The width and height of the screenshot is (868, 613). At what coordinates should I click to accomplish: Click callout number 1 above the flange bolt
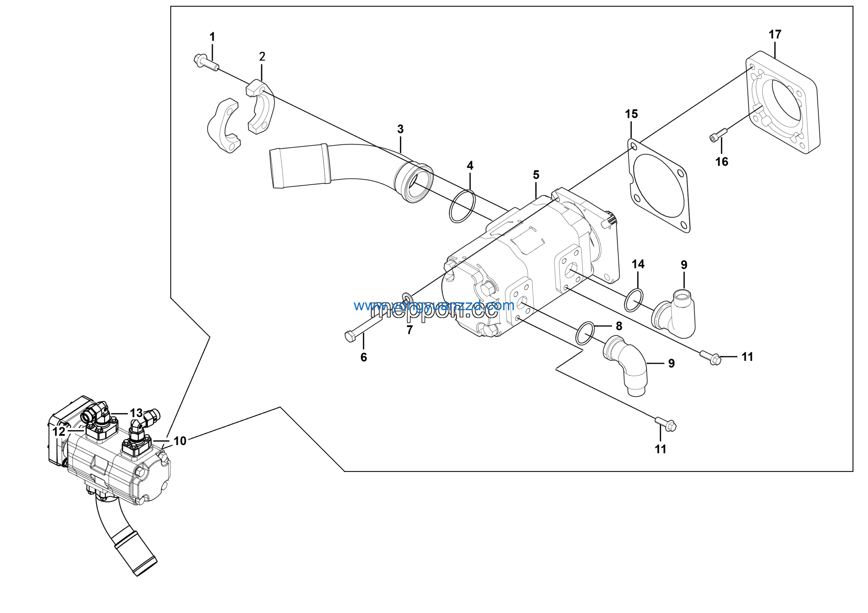(212, 37)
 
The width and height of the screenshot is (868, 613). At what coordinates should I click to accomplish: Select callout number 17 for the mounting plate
(775, 34)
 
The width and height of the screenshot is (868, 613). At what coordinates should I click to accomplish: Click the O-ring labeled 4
(462, 207)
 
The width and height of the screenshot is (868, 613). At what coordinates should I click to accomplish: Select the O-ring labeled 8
(585, 333)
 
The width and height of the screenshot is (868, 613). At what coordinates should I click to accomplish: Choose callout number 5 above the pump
(536, 175)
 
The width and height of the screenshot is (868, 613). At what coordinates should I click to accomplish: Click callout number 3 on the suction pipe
(400, 129)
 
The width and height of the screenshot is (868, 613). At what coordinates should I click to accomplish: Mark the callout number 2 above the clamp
(262, 57)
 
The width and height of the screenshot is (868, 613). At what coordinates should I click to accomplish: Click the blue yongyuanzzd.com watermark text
(434, 305)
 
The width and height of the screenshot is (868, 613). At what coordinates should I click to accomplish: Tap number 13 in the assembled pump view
(136, 413)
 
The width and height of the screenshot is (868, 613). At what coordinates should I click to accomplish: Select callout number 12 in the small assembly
(59, 432)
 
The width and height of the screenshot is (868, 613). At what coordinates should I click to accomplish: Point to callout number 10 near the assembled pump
(180, 441)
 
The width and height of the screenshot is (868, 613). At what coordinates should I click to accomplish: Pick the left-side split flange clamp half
(224, 125)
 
